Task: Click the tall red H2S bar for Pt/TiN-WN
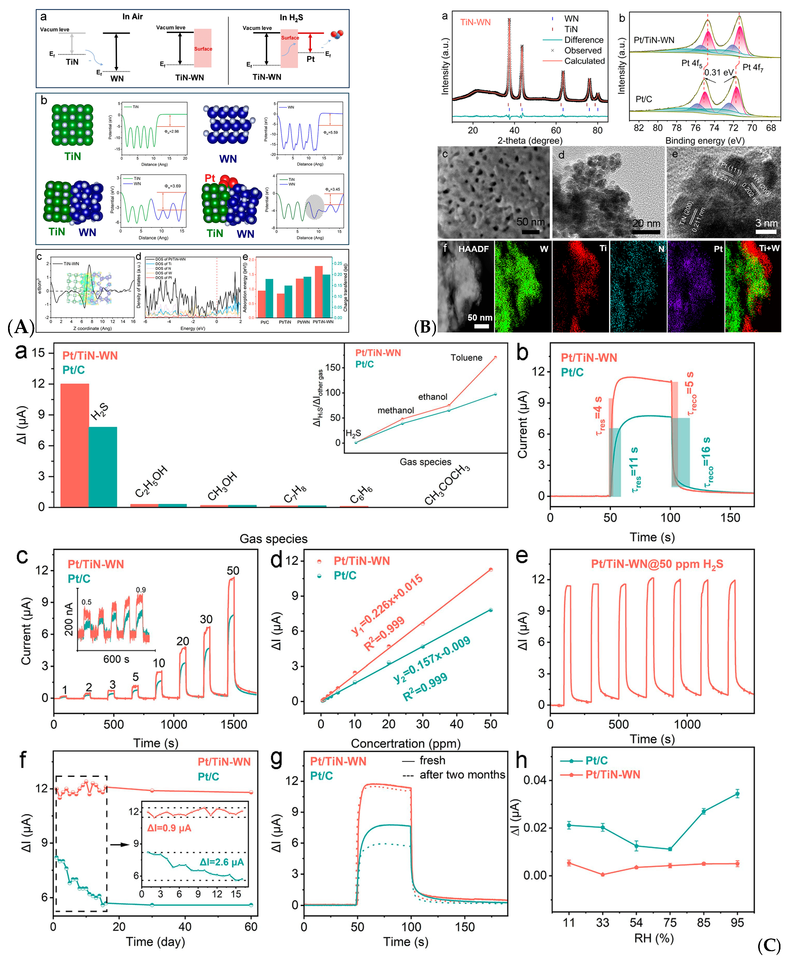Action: click(74, 445)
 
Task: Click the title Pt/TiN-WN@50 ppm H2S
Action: click(657, 564)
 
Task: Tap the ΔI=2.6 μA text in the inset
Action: click(221, 862)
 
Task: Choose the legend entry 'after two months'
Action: click(462, 775)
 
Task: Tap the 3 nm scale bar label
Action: click(766, 223)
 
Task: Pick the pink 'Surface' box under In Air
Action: click(203, 48)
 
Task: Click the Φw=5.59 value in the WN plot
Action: click(331, 133)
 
